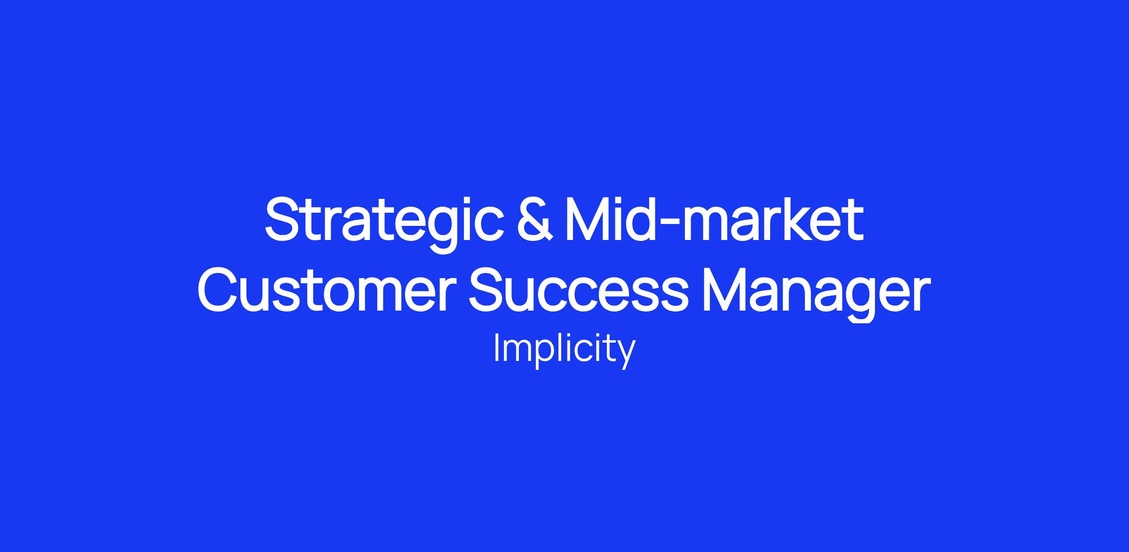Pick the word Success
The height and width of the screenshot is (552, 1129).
[578, 290]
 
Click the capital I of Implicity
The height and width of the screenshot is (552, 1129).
[496, 348]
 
